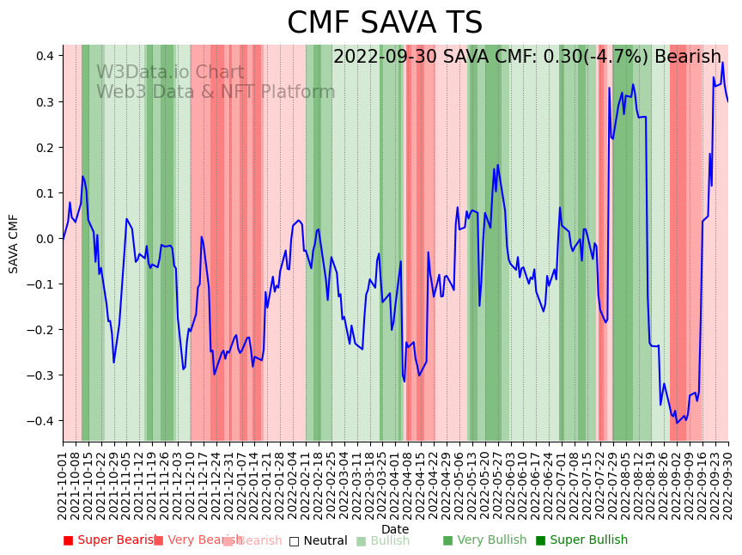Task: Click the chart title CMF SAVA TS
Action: [385, 23]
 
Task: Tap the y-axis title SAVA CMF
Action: [14, 244]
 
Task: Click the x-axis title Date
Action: [395, 529]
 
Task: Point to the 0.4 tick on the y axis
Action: [46, 56]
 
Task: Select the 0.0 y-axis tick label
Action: [46, 239]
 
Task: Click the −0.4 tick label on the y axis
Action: [42, 421]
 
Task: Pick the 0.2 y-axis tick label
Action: [46, 148]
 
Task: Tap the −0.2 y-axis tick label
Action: [42, 330]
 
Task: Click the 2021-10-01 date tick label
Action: [64, 486]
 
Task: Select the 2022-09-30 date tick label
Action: [729, 486]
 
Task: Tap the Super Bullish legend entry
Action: [581, 540]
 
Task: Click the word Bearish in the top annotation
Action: [688, 58]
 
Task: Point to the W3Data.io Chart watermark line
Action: [170, 73]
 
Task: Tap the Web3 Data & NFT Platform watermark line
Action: [216, 92]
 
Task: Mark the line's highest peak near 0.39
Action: [722, 62]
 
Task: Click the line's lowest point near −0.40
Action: [677, 423]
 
